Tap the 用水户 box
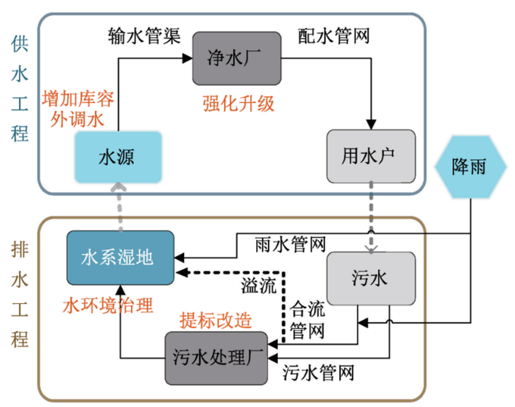[x=372, y=156]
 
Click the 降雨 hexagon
[x=469, y=167]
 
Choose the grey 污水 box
[x=371, y=278]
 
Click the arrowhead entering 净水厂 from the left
[x=187, y=58]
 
